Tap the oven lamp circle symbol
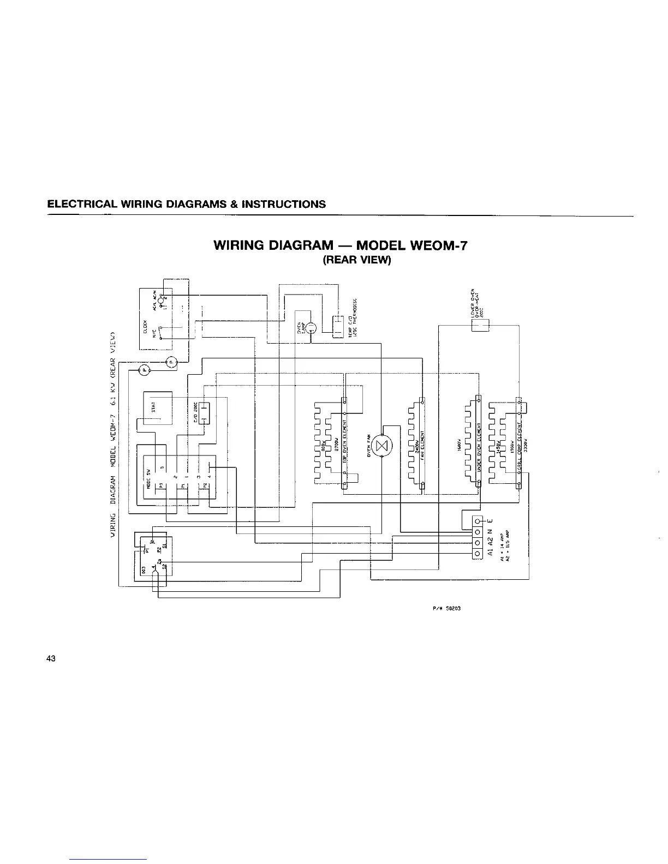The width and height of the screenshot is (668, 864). coord(310,328)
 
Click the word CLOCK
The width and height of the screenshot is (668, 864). coord(146,326)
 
